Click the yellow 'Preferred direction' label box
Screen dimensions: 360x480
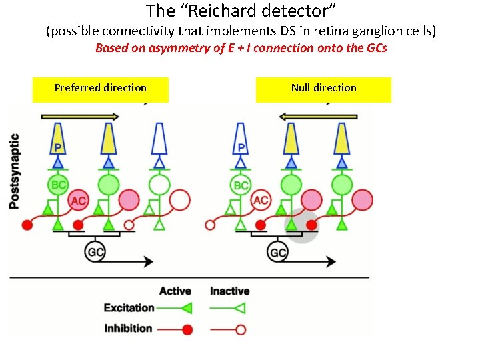(101, 89)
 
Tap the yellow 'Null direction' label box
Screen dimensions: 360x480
(323, 89)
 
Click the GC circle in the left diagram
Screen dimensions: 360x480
(95, 252)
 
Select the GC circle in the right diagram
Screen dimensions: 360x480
(278, 252)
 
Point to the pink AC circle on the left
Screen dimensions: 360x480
(78, 199)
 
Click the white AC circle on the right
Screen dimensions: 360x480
(261, 199)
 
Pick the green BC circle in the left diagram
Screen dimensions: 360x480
(58, 185)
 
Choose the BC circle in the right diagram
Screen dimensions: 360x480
(241, 185)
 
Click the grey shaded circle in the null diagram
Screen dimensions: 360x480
(301, 225)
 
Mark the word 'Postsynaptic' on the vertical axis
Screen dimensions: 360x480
(15, 171)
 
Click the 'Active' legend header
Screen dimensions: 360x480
(175, 291)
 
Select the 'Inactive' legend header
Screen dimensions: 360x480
(229, 291)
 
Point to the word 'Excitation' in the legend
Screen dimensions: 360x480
(129, 308)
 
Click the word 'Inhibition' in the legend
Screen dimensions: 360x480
(129, 328)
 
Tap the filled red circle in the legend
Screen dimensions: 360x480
(187, 329)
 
